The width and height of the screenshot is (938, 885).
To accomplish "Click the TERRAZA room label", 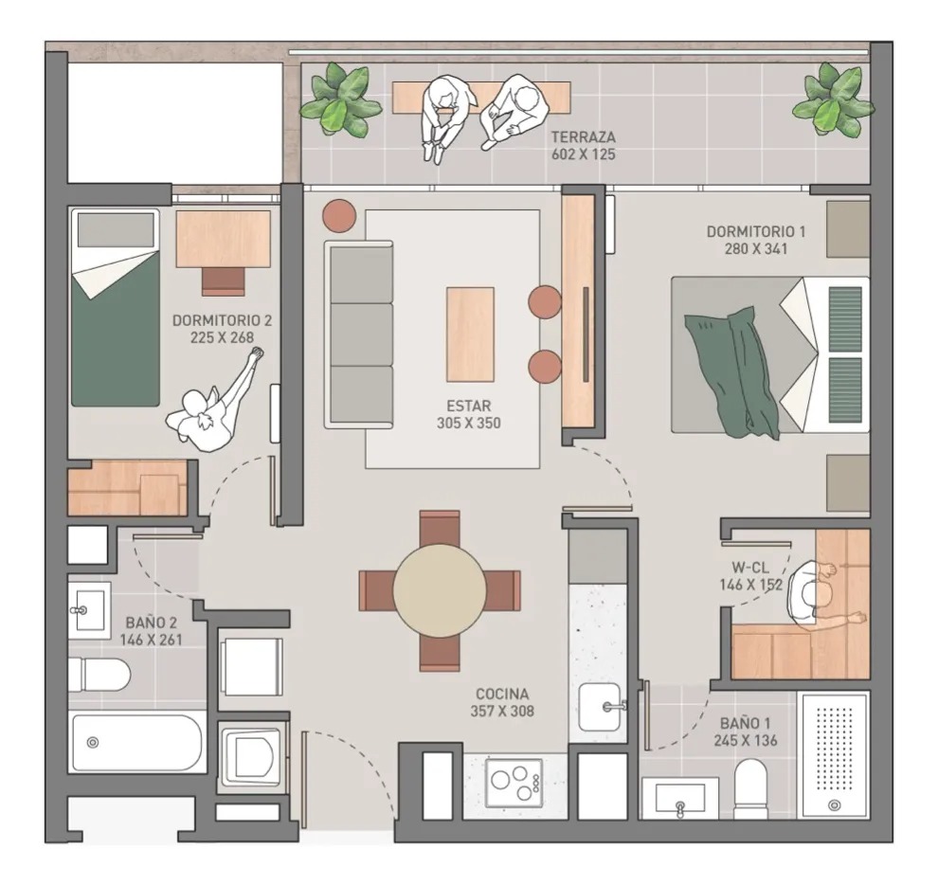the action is click(x=584, y=136).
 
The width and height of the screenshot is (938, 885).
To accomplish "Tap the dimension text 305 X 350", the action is click(x=468, y=423).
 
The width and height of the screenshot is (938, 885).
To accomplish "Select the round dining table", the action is click(x=439, y=590).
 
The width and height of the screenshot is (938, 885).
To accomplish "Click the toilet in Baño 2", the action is click(x=99, y=675).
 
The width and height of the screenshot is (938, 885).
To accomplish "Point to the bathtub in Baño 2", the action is click(x=137, y=743).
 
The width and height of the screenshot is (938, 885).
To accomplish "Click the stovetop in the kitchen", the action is click(x=514, y=782).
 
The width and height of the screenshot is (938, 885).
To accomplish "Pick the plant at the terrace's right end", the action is click(x=834, y=99).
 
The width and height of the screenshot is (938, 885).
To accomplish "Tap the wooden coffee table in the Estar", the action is click(x=470, y=334).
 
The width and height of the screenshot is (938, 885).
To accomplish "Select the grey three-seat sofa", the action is click(x=359, y=334).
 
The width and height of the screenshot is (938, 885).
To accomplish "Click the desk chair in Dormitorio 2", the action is click(x=224, y=281).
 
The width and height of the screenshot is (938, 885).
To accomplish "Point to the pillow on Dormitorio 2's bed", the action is click(x=116, y=229).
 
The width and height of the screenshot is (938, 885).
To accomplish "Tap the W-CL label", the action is click(x=750, y=568).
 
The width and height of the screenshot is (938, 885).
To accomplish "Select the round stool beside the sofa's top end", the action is click(x=339, y=215).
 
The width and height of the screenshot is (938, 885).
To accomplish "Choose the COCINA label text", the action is click(x=502, y=695).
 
